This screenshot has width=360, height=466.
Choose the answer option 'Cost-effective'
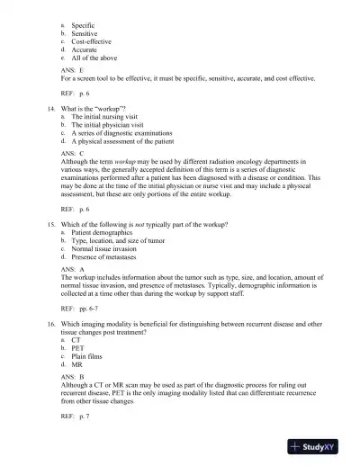tap(92, 41)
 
